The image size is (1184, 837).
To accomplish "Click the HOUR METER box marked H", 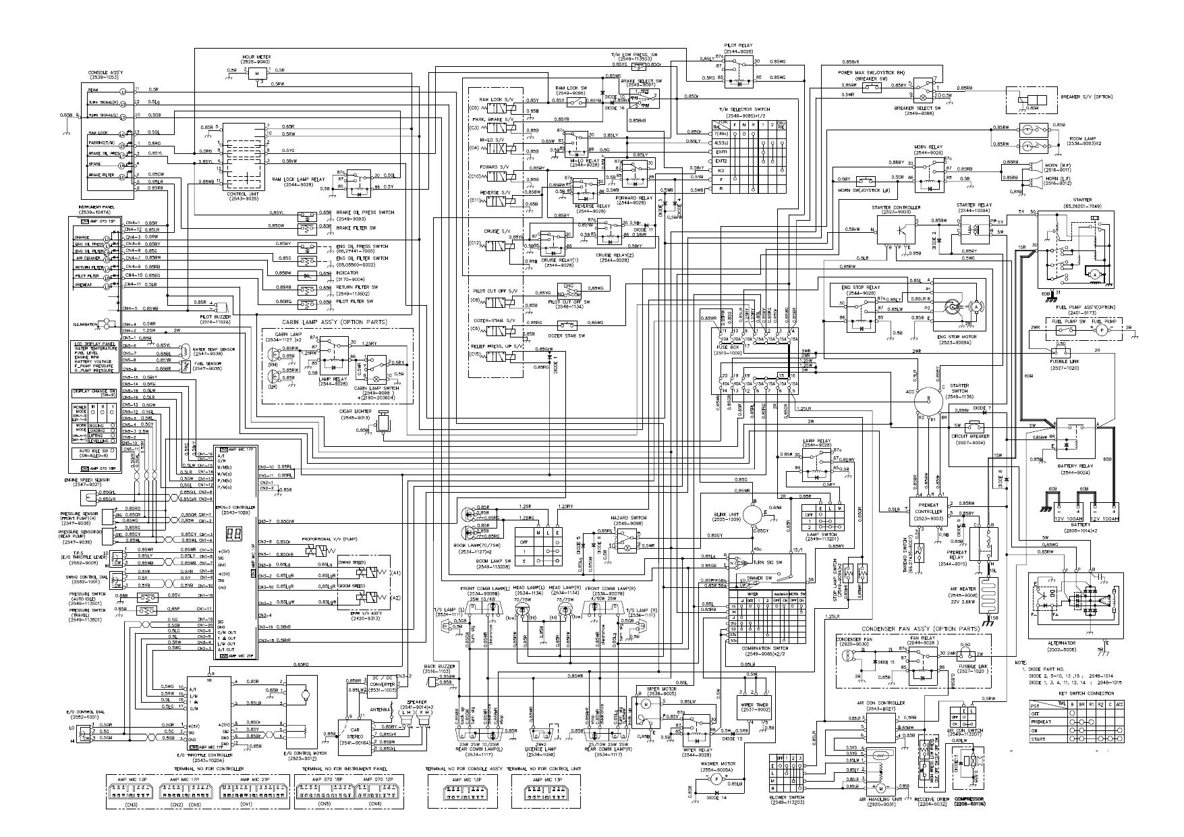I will (x=256, y=73).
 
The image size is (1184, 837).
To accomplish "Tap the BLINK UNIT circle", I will (x=753, y=514).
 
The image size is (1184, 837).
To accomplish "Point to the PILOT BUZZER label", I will (x=215, y=316).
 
